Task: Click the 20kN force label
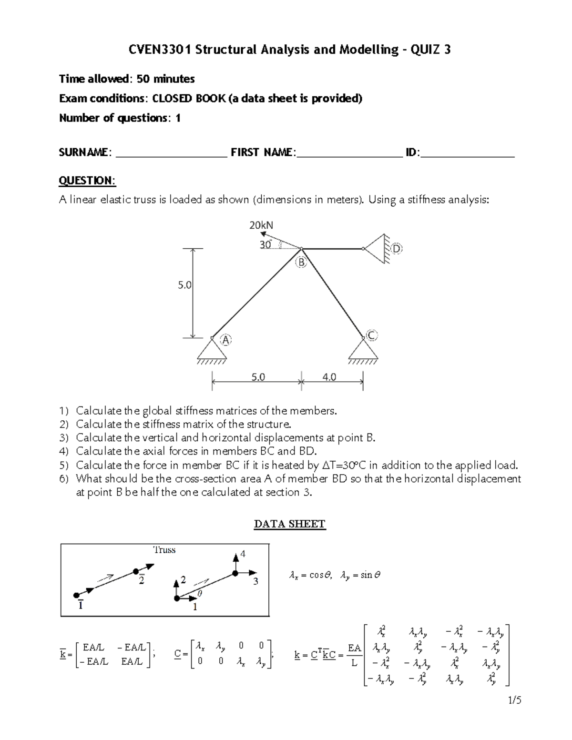[x=261, y=225]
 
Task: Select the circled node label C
[x=372, y=335]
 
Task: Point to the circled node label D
[x=397, y=249]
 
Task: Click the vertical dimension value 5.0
[x=184, y=285]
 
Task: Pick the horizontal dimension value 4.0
[x=329, y=377]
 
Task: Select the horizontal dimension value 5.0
[x=257, y=377]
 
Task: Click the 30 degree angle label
[x=266, y=244]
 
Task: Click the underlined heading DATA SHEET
[x=290, y=524]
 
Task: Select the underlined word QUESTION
[x=87, y=181]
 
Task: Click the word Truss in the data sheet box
[x=164, y=550]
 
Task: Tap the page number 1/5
[x=514, y=700]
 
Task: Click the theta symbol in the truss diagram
[x=200, y=594]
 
